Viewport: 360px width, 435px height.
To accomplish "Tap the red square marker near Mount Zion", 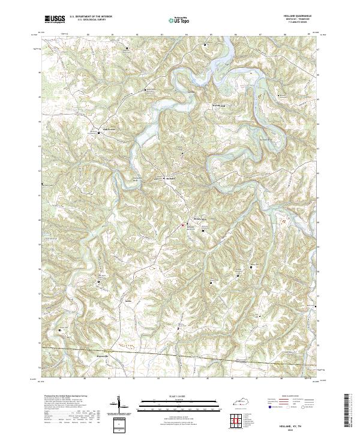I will [182, 225].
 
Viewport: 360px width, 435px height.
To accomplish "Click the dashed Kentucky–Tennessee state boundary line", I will [180, 355].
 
